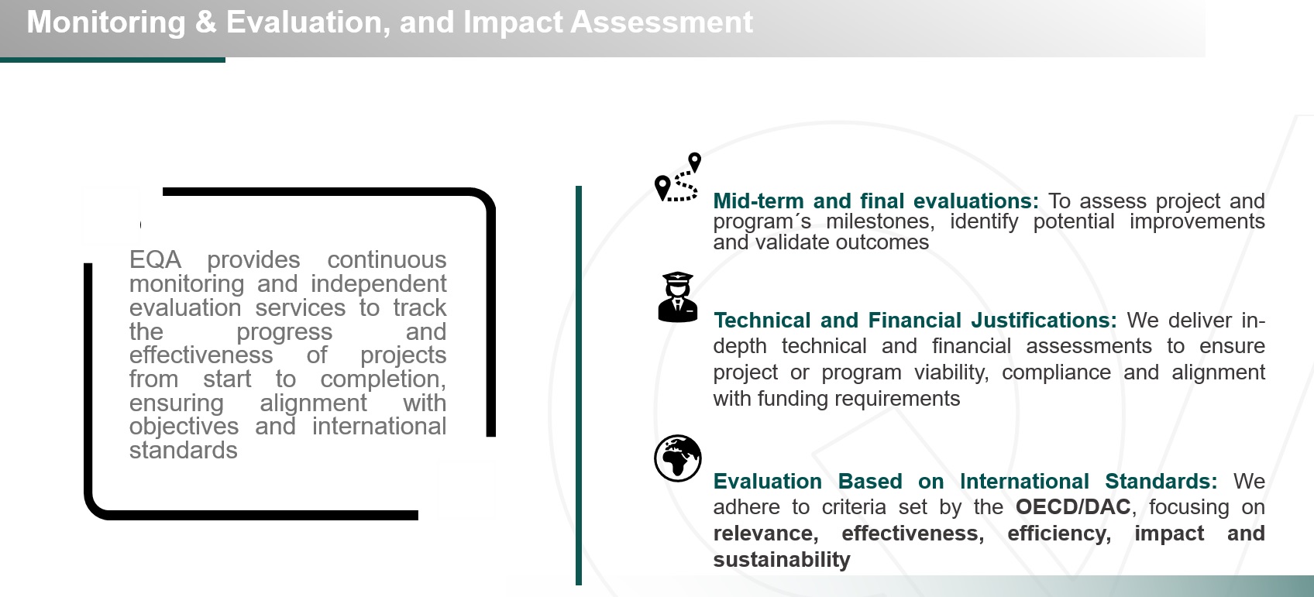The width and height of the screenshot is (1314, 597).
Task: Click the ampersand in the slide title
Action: coord(205,22)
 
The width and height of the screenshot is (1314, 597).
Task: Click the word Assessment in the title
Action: coord(661,22)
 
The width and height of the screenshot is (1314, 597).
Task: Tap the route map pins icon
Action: coord(678,177)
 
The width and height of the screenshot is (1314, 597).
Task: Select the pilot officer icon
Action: coord(677,297)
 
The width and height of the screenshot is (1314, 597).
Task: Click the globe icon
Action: coord(677,458)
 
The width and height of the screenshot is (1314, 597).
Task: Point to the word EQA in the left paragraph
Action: coord(155,260)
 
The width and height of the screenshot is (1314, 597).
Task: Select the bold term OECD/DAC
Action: coord(1073,507)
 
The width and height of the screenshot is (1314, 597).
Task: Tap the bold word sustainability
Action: coord(782,560)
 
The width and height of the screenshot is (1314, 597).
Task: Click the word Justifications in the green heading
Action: coord(1044,321)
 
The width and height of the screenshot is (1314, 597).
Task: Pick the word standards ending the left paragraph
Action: coord(183,451)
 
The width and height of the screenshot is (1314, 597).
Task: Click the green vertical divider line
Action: coord(579,386)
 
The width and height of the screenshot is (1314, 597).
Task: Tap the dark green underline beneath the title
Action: coord(112,60)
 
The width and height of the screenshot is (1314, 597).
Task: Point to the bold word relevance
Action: coord(765,534)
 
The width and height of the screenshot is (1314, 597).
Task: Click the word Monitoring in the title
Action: coord(105,23)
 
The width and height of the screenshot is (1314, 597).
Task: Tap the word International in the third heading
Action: coord(1024,482)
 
